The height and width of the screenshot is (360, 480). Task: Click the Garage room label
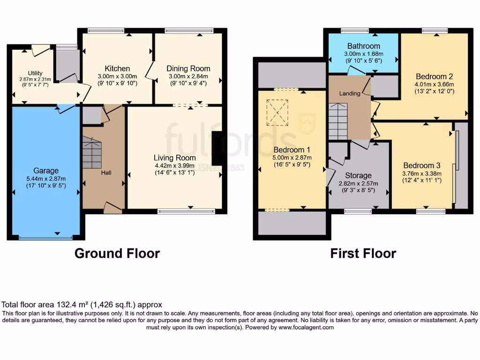pos(46,171)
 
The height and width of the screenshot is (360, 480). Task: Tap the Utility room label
pos(35,73)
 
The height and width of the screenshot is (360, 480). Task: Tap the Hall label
pos(106,173)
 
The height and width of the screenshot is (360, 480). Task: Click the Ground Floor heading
pos(117,254)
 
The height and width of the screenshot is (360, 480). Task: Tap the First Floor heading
pos(363,254)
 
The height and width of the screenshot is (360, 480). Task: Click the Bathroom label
pos(363,46)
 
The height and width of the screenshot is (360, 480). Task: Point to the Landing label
pos(350,93)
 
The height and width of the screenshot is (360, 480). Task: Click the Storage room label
pos(359,175)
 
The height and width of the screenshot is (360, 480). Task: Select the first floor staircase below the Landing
pos(337,122)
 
